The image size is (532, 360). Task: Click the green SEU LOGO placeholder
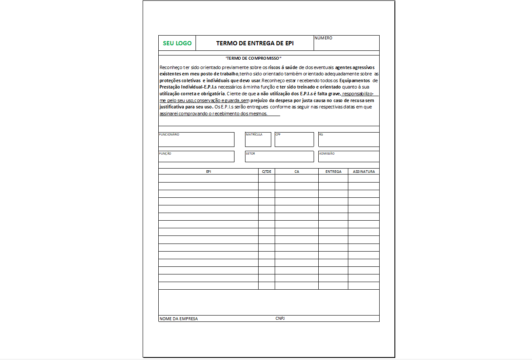[x=177, y=43]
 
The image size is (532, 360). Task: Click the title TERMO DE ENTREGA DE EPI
[x=255, y=43]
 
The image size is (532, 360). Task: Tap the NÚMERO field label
[x=323, y=38]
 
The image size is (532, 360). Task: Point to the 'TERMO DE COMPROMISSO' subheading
[x=254, y=58]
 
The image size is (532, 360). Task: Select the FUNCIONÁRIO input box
[x=196, y=140]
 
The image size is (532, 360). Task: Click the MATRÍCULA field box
[x=258, y=140]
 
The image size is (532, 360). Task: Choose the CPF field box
[x=294, y=140]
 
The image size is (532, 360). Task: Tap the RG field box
[x=349, y=140]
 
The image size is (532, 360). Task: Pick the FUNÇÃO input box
[x=196, y=157]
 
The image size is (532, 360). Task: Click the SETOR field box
[x=279, y=157]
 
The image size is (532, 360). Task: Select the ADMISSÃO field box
[x=349, y=157]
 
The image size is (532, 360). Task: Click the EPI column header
[x=209, y=172]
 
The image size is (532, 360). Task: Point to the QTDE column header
[x=267, y=172]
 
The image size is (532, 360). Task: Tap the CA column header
[x=297, y=172]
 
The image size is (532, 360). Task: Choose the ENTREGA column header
[x=334, y=172]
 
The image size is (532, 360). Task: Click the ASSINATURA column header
[x=364, y=172]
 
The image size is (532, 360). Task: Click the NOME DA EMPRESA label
[x=179, y=318]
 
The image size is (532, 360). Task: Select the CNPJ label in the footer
[x=280, y=318]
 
